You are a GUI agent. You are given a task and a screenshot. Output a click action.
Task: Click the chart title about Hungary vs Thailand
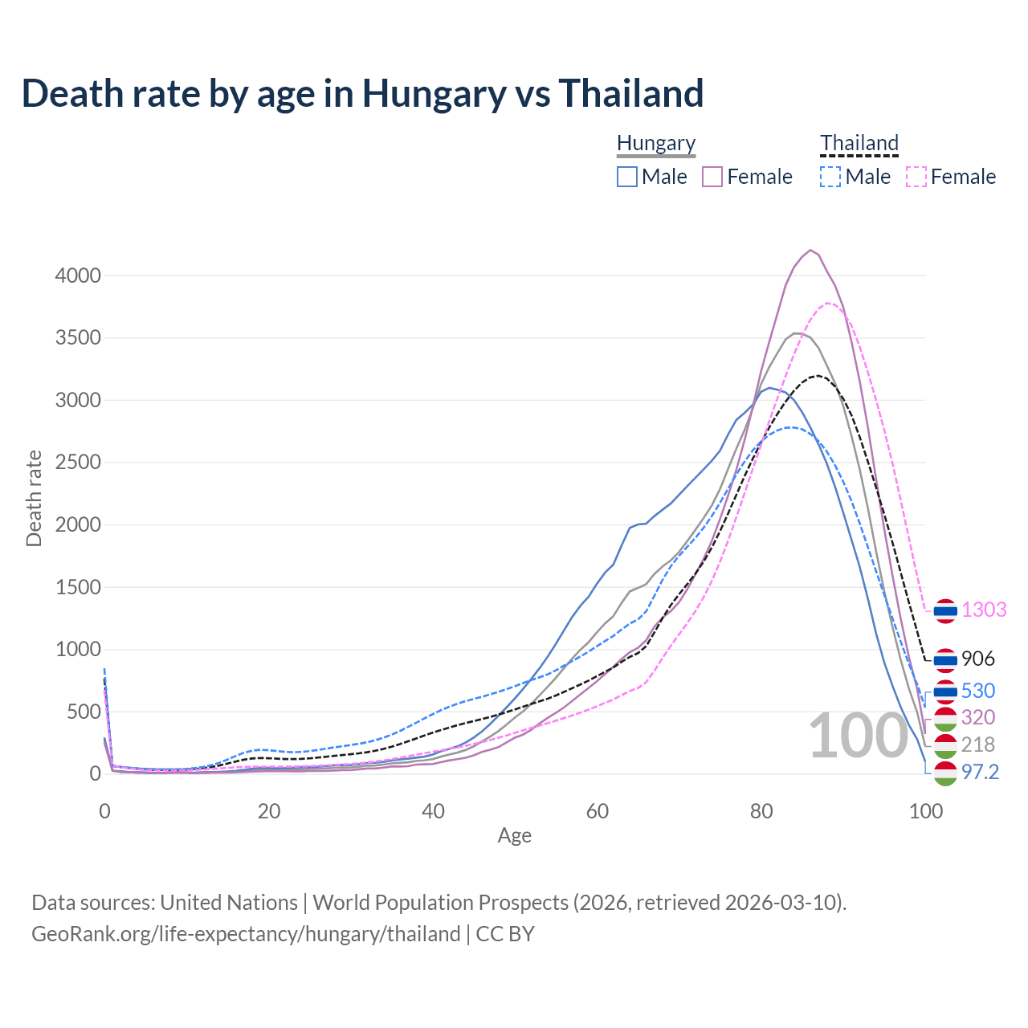point(362,93)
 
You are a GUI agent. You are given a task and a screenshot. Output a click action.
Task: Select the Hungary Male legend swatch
point(627,177)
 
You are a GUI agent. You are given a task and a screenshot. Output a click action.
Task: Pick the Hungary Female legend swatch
point(712,177)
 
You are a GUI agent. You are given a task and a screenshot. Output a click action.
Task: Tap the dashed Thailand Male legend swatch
point(830,177)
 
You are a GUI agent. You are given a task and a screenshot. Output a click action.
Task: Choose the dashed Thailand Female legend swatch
point(916,177)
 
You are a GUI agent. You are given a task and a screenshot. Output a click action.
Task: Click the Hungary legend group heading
point(656,143)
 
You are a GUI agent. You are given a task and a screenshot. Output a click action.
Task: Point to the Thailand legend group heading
point(859,143)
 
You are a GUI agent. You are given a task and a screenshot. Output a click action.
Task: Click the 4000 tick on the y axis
point(78,275)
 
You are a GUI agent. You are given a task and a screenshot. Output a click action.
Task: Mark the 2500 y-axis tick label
point(78,463)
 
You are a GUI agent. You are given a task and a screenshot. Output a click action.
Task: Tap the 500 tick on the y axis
point(84,712)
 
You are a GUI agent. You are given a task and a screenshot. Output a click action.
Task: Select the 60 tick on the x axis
point(597,811)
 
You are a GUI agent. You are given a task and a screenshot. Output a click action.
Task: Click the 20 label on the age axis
point(269,811)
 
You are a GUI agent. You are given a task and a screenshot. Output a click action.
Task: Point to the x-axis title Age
point(514,836)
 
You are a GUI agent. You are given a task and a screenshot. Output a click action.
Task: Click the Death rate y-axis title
point(34,498)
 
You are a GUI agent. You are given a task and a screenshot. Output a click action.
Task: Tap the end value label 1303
point(984,610)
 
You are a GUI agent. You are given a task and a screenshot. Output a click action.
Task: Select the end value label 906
point(977,659)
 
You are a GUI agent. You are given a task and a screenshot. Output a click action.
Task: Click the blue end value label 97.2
point(980,772)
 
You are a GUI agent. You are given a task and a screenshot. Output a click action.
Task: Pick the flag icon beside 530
point(945,691)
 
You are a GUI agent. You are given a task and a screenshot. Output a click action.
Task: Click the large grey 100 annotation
point(858,736)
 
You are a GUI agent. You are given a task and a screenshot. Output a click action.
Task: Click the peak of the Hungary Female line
point(810,250)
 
